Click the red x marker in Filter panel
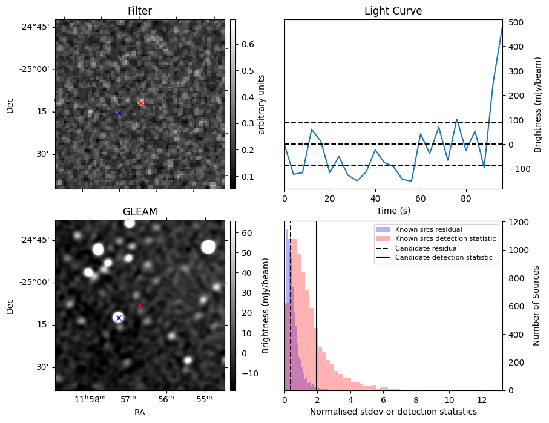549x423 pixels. [x=142, y=103]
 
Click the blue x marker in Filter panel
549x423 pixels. [x=119, y=113]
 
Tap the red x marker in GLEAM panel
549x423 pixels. [x=140, y=305]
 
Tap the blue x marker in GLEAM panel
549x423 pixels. [x=119, y=318]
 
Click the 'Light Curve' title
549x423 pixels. [x=393, y=11]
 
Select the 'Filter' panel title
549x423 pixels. [x=140, y=11]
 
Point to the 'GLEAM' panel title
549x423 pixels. [x=140, y=212]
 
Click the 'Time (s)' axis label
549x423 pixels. [x=393, y=210]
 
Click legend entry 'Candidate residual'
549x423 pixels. [x=423, y=249]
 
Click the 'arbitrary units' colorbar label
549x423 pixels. [x=261, y=104]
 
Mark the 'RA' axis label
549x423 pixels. [x=140, y=412]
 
